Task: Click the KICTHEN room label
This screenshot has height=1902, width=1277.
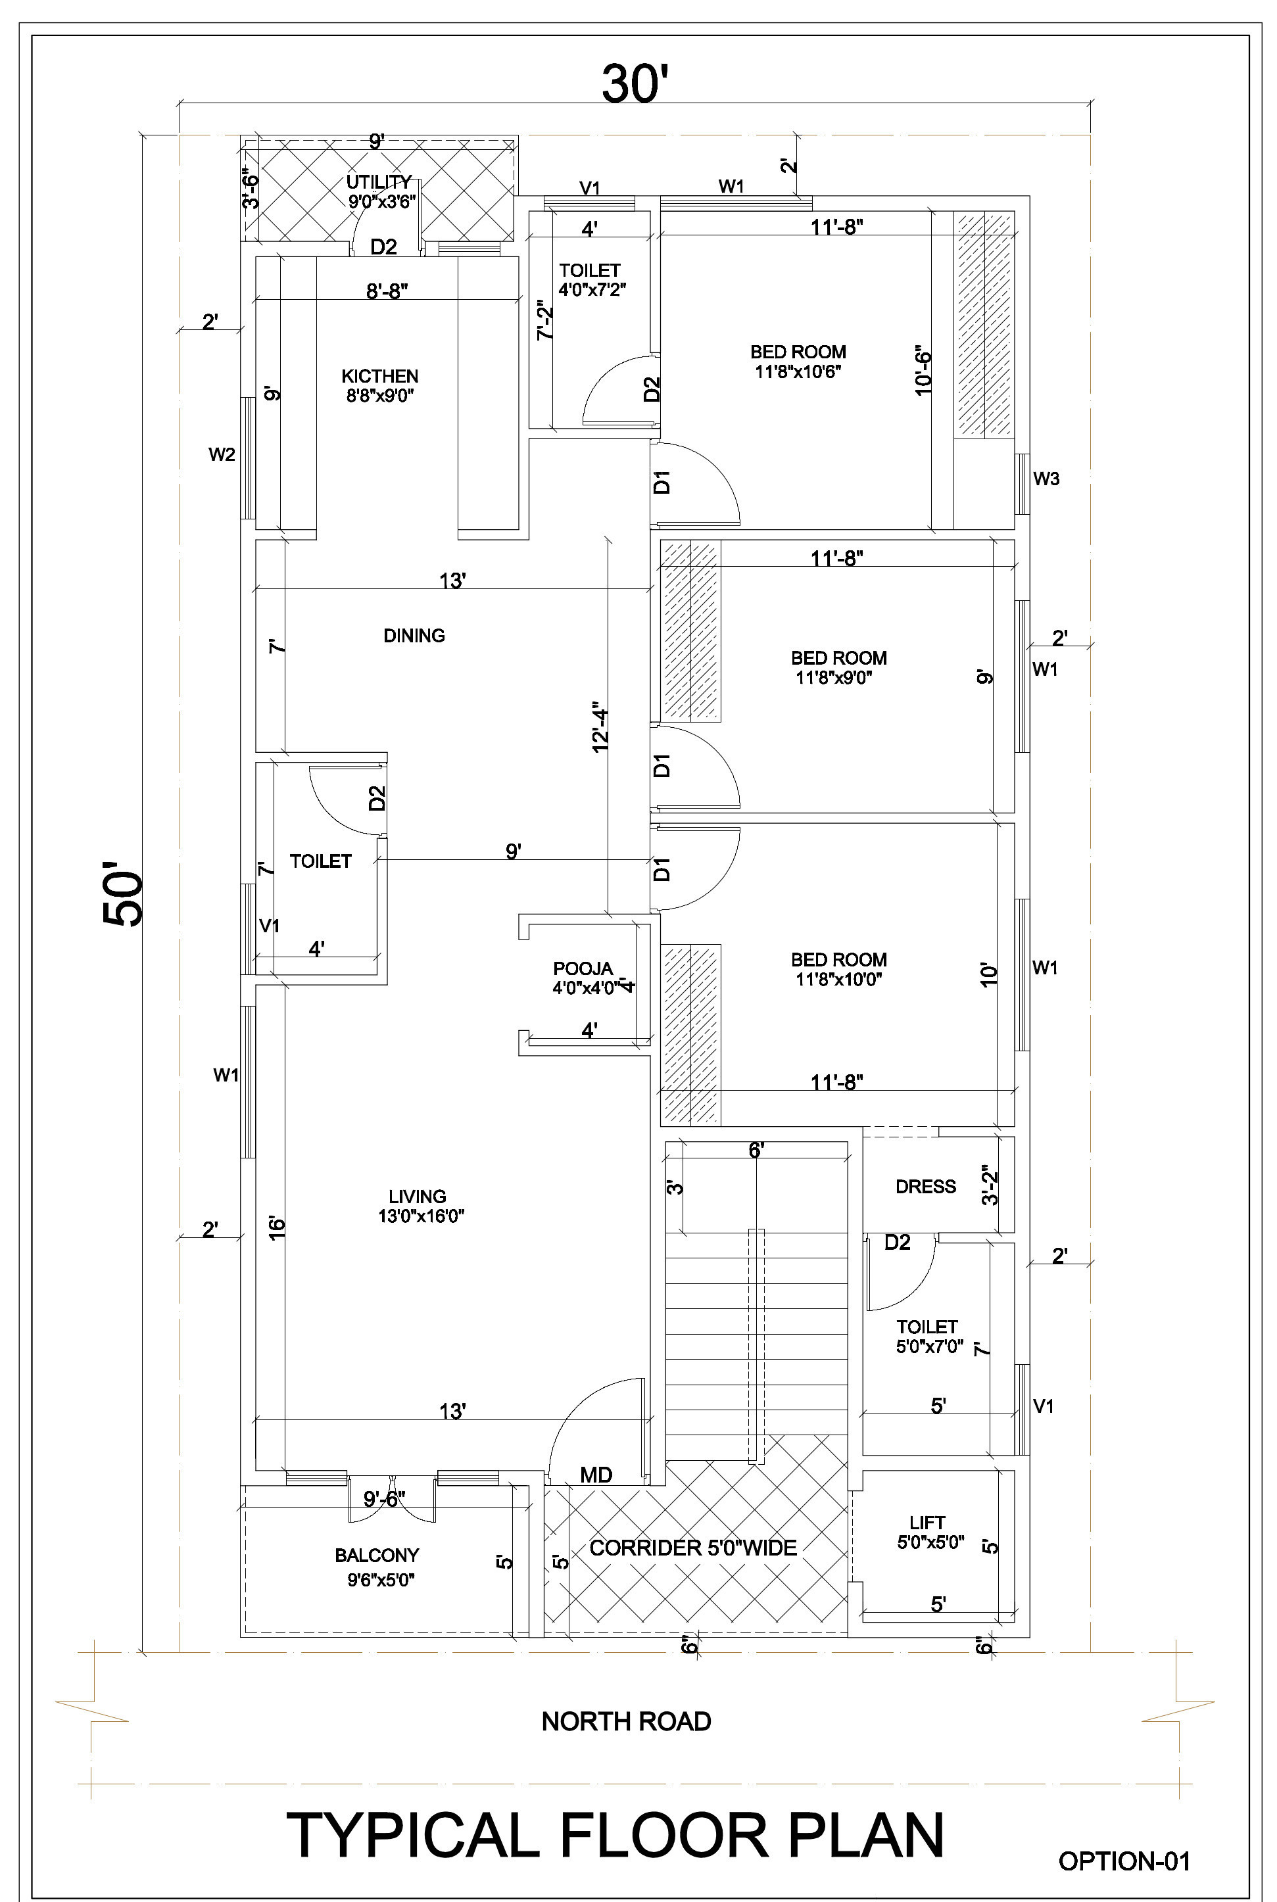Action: (379, 376)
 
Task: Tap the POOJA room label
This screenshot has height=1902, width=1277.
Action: (583, 968)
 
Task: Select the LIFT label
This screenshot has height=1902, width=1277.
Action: (928, 1522)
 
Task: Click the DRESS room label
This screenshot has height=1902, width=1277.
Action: (925, 1186)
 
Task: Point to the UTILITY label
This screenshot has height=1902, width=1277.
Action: (379, 181)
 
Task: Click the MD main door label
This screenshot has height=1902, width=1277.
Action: (596, 1475)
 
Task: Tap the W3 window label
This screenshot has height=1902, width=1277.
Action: (1046, 479)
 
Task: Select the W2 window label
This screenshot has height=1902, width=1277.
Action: (222, 454)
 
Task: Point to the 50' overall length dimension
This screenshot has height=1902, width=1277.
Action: (123, 898)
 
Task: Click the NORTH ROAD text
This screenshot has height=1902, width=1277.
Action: (626, 1721)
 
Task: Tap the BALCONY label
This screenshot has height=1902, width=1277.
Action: (376, 1555)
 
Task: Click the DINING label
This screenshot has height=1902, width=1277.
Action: (414, 635)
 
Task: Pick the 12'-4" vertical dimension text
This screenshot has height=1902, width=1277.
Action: (600, 727)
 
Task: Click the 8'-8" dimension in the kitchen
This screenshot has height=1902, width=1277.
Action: (387, 291)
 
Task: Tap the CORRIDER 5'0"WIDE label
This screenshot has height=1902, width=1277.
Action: (693, 1548)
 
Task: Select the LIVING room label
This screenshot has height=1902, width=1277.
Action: (417, 1196)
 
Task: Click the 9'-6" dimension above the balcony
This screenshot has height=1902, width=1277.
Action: (385, 1499)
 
